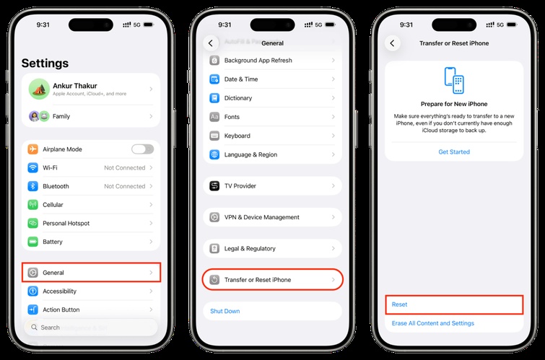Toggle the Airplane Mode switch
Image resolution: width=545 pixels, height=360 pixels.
pos(142,149)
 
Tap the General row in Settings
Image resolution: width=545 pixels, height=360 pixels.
pos(91,273)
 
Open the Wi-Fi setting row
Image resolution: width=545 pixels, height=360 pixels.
pos(91,168)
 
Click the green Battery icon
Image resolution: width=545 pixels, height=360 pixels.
pos(32,242)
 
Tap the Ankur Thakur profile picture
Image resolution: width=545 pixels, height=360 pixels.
pos(38,89)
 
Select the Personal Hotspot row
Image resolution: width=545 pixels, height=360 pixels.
pos(91,224)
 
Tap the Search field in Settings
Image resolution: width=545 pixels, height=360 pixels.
pos(91,328)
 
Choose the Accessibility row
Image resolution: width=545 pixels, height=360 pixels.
pos(91,291)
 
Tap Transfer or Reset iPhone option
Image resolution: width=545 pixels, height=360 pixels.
pos(272,279)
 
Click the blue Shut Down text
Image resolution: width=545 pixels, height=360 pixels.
pos(225,311)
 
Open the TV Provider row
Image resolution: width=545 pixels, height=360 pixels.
pos(272,186)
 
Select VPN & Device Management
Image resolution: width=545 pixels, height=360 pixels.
pos(272,217)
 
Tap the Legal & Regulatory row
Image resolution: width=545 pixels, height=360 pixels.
pos(272,248)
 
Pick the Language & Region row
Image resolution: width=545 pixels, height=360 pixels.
pos(272,154)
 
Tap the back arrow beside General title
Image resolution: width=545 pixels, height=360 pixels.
pos(210,43)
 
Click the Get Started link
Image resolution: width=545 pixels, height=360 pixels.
pos(454,152)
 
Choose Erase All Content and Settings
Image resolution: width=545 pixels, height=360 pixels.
pos(433,323)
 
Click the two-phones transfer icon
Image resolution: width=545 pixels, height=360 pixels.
pos(454,81)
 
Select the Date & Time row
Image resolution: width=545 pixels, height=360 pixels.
pos(272,79)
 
